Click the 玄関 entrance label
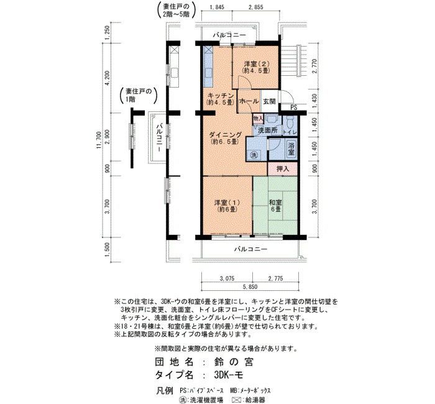[x=268, y=101]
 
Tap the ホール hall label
[x=249, y=101]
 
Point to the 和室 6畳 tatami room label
[x=276, y=206]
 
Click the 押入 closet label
[x=283, y=168]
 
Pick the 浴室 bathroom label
[x=291, y=149]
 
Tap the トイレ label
[x=290, y=132]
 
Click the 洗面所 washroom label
[x=268, y=130]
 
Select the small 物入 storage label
[x=258, y=119]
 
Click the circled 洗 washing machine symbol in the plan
[x=254, y=155]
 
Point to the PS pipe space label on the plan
[x=294, y=108]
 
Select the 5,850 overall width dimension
[x=250, y=287]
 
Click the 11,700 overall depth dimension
[x=99, y=140]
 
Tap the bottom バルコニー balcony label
[x=250, y=249]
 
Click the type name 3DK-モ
[x=229, y=375]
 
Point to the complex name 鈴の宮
[x=233, y=362]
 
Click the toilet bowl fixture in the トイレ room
[x=290, y=121]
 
